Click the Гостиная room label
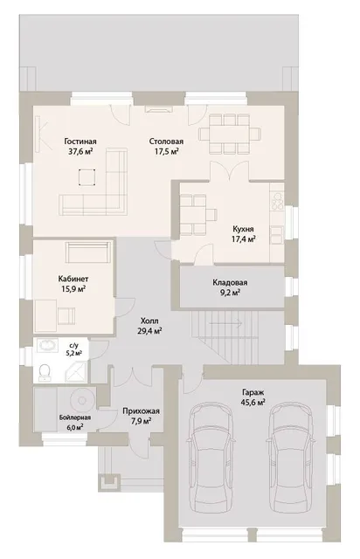click(80, 141)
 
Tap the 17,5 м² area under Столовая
click(166, 151)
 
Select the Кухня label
click(243, 229)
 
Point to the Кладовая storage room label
click(230, 283)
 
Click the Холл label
click(149, 321)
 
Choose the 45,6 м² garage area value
click(253, 403)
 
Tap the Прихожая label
click(141, 411)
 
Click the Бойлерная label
click(75, 418)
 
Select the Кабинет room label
click(73, 279)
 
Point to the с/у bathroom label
click(74, 346)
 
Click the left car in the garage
click(211, 458)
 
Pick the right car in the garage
click(290, 458)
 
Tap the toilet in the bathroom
click(45, 373)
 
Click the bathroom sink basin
click(47, 346)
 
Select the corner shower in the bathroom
click(76, 370)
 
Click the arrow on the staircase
click(225, 324)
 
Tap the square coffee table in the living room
click(87, 177)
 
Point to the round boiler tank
click(82, 401)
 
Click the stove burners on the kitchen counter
click(277, 201)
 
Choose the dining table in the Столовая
click(230, 134)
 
